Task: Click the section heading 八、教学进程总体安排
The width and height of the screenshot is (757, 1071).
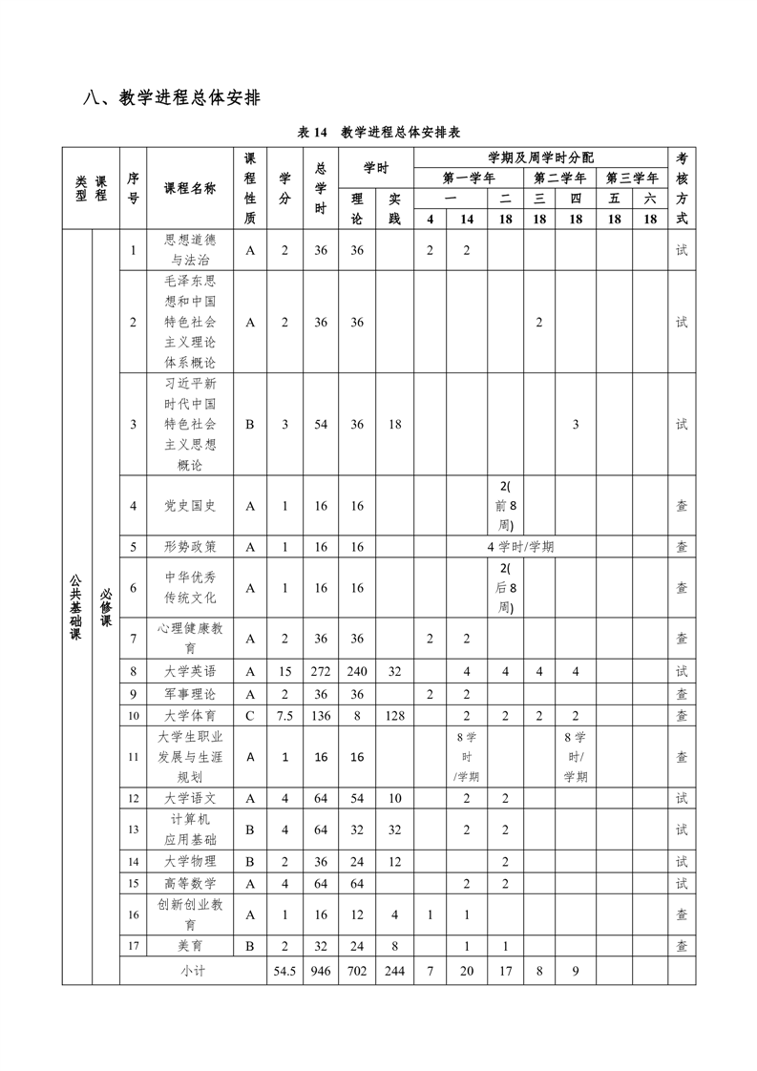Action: [x=173, y=97]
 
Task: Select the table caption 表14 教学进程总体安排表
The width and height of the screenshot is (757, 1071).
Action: [x=379, y=133]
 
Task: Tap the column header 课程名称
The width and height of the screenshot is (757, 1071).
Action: [x=190, y=188]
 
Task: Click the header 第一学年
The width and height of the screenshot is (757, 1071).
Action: [x=469, y=178]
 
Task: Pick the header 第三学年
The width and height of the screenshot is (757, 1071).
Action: [x=632, y=178]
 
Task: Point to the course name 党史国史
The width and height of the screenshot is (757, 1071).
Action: [x=190, y=506]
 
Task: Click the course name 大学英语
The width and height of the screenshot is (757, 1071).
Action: [x=190, y=671]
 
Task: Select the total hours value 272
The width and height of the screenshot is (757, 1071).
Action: [x=321, y=671]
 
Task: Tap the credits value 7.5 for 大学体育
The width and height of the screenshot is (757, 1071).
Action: [x=284, y=715]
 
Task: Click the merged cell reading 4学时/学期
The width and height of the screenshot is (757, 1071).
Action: [x=520, y=547]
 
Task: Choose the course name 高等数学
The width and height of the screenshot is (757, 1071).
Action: [x=190, y=883]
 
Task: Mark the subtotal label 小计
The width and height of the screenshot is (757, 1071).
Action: [x=194, y=971]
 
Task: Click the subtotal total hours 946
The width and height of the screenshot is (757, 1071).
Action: [x=321, y=971]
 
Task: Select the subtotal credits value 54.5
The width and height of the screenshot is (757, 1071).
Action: [x=284, y=971]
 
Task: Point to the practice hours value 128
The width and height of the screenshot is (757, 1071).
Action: [x=394, y=715]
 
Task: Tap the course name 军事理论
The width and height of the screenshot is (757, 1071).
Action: [x=190, y=693]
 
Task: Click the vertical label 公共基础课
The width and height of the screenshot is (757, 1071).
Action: [x=76, y=606]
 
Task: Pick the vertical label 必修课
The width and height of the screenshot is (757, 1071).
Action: [x=105, y=606]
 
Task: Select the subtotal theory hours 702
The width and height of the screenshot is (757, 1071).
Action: [x=357, y=971]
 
